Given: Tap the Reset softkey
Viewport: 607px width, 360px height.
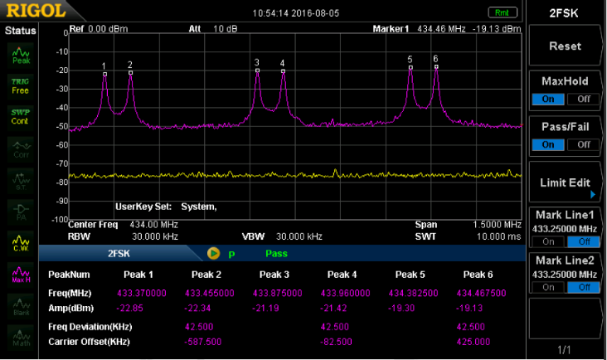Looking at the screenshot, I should [x=566, y=46].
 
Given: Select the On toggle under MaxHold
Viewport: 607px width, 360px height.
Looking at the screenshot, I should [x=548, y=99].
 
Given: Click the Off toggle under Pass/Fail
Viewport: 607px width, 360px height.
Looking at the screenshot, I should [x=583, y=144].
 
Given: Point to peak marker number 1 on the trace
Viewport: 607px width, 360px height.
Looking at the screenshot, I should [x=104, y=74].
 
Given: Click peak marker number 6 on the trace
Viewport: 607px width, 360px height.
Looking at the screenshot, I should [x=435, y=66].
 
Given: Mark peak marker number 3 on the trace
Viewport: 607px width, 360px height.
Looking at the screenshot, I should [x=257, y=71].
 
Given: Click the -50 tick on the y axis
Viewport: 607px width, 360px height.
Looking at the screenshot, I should [x=60, y=127].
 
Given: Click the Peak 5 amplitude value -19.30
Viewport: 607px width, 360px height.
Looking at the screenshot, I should [x=410, y=308].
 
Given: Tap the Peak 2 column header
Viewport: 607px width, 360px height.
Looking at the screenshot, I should [x=206, y=275].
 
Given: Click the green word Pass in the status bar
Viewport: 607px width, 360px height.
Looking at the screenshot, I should [x=277, y=253].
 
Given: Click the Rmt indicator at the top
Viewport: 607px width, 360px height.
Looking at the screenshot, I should [x=501, y=12].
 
